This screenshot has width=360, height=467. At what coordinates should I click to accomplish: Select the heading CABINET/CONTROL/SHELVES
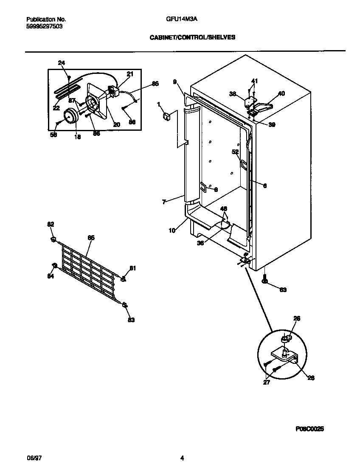point(192,37)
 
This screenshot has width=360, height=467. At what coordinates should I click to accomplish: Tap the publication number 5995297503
point(45,25)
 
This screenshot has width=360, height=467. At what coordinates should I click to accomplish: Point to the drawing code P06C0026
point(310,429)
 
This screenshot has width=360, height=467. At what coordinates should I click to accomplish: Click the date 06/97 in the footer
point(34,458)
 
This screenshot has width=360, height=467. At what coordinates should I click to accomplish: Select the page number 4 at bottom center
point(182,458)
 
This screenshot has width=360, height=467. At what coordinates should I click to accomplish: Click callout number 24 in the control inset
point(62,63)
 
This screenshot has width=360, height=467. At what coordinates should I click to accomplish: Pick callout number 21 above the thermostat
point(130,74)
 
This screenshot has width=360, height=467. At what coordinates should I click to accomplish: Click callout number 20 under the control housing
point(116,124)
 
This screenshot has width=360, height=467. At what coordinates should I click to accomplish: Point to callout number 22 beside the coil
point(56,108)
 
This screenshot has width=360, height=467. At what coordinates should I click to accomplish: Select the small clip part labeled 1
point(166,116)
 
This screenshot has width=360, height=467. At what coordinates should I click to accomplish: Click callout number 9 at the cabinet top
point(174,82)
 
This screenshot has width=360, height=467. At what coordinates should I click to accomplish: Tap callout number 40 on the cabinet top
point(281,93)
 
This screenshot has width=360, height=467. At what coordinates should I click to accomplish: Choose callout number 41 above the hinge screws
point(254,81)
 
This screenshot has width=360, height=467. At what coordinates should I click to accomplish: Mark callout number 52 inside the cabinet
point(235,152)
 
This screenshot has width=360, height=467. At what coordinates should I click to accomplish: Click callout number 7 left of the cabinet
point(164,202)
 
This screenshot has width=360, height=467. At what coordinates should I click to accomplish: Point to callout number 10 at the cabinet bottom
point(172,231)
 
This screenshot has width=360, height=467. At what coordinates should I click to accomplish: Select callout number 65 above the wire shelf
point(91,238)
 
